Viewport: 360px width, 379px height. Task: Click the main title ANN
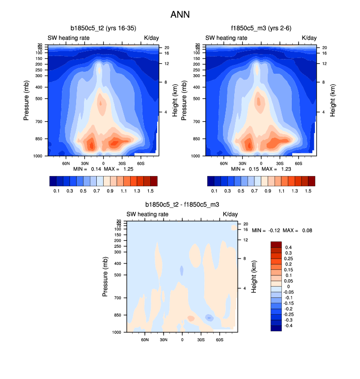[x=180, y=15]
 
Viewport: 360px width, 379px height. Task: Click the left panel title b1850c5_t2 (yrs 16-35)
[x=103, y=28]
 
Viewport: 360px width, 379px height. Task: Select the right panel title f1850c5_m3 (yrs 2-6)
[x=260, y=28]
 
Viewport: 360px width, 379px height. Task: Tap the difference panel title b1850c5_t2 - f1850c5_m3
[x=182, y=204]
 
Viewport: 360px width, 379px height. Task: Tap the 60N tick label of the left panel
[x=65, y=163]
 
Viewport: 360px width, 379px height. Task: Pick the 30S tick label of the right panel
[x=280, y=163]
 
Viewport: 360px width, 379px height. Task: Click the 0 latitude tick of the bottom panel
[x=182, y=340]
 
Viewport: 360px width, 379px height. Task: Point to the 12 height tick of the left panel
[x=166, y=64]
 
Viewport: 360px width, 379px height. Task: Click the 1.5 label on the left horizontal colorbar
[x=152, y=190]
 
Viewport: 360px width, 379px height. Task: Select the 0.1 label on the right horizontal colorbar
[x=215, y=190]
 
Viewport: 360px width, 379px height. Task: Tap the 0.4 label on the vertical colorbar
[x=289, y=247]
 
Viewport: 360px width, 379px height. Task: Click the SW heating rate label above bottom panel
[x=147, y=214]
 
